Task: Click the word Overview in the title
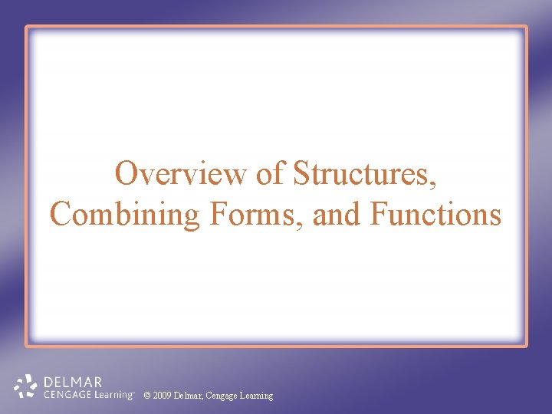coord(182,174)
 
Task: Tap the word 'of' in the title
coord(270,174)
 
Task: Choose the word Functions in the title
coord(435,213)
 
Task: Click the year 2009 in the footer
coord(162,396)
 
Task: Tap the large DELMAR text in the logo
coord(74,382)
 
